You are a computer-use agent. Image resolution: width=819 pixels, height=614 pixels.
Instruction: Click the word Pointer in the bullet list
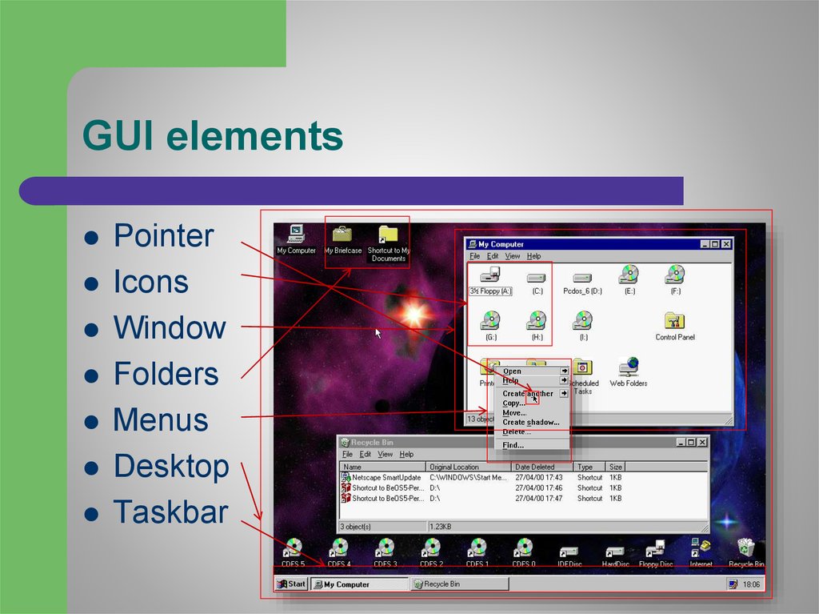163,236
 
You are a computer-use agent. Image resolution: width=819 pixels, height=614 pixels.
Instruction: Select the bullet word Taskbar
170,512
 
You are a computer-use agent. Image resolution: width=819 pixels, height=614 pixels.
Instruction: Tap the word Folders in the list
166,374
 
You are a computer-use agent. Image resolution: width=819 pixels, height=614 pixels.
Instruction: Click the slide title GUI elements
213,136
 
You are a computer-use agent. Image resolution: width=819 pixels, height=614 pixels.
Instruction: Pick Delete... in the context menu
517,431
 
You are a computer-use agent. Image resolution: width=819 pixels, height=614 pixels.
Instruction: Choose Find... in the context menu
513,445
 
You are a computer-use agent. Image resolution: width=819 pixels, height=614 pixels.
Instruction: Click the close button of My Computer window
726,244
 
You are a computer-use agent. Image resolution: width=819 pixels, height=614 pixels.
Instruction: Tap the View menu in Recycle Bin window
385,455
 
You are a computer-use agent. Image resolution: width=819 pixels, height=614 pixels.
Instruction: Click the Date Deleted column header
534,467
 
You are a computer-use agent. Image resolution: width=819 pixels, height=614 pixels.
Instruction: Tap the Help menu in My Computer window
533,256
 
